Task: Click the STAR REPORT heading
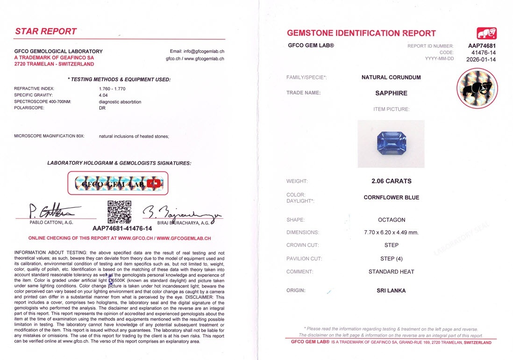[x=46, y=31]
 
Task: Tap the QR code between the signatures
[x=119, y=212]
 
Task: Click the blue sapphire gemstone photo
[x=391, y=143]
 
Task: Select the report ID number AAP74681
[x=482, y=46]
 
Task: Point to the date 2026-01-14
[x=481, y=59]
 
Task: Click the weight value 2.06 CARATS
[x=391, y=181]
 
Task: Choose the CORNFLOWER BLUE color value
[x=391, y=197]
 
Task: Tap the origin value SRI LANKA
[x=391, y=290]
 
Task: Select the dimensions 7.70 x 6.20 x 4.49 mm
[x=391, y=232]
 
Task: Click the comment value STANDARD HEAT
[x=391, y=272]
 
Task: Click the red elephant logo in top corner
[x=486, y=33]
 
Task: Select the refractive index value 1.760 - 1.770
[x=112, y=88]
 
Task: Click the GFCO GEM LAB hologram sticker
[x=118, y=183]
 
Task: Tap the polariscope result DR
[x=102, y=108]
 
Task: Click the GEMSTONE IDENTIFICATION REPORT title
[x=361, y=33]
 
